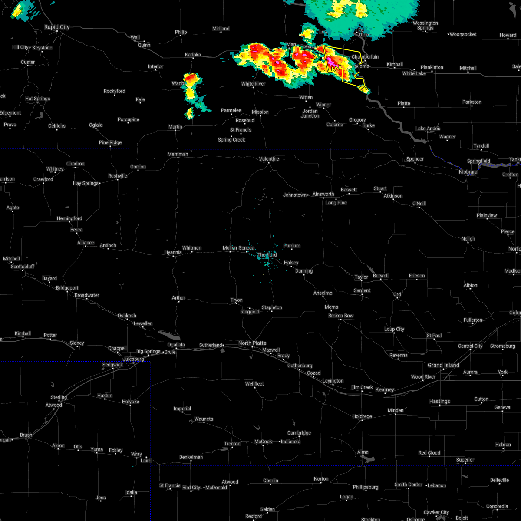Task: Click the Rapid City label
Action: click(x=57, y=27)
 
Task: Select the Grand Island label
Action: click(x=443, y=365)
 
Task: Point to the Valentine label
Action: click(x=269, y=159)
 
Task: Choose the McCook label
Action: click(x=264, y=442)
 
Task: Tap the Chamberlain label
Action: click(x=365, y=57)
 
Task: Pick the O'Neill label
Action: click(x=419, y=204)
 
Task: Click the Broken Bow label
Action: click(x=341, y=316)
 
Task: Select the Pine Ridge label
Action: click(x=110, y=142)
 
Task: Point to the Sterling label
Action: click(x=59, y=397)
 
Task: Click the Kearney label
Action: click(x=385, y=389)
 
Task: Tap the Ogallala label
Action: click(x=176, y=345)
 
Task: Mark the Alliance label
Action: click(x=86, y=243)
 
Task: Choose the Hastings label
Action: click(x=440, y=401)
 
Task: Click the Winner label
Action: click(x=323, y=105)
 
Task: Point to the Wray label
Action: click(x=136, y=454)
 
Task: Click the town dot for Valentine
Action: click(x=269, y=164)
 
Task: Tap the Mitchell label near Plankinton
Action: click(x=468, y=68)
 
